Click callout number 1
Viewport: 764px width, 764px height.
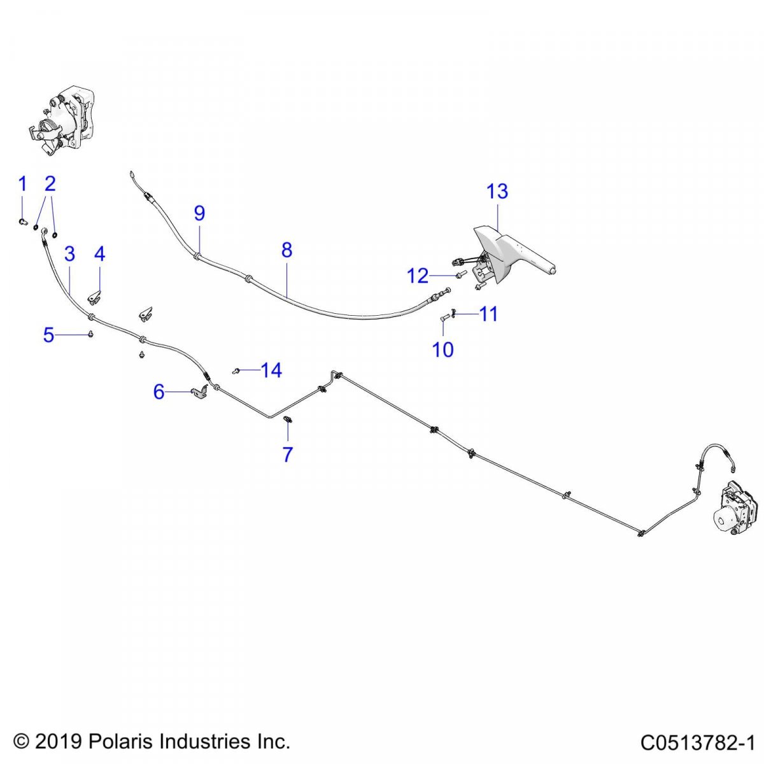pyautogui.click(x=22, y=185)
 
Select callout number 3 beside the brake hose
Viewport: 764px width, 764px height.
pyautogui.click(x=70, y=254)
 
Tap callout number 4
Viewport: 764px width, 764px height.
pyautogui.click(x=99, y=254)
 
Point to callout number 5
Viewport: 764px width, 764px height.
pyautogui.click(x=49, y=335)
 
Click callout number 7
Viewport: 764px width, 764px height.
pyautogui.click(x=287, y=455)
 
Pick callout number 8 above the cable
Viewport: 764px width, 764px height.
pyautogui.click(x=286, y=250)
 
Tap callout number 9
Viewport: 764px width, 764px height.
pyautogui.click(x=199, y=213)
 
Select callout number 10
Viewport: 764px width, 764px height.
pyautogui.click(x=442, y=350)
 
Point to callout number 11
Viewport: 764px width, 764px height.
pyautogui.click(x=488, y=314)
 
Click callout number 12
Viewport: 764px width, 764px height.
pyautogui.click(x=418, y=276)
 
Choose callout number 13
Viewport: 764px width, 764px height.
pyautogui.click(x=497, y=191)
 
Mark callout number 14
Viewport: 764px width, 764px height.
pyautogui.click(x=271, y=371)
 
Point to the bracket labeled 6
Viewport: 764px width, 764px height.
pyautogui.click(x=199, y=393)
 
